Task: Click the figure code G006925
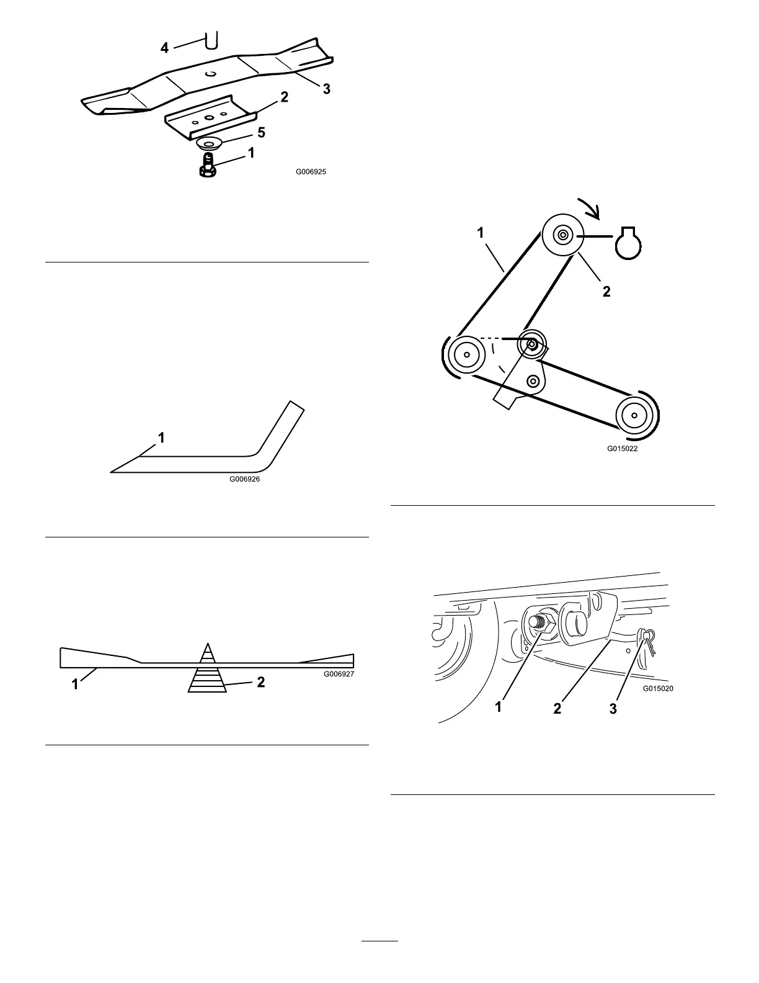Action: click(310, 172)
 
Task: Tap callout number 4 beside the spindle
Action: click(164, 47)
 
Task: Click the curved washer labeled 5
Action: click(210, 144)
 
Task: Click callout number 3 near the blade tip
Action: click(326, 89)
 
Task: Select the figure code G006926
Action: click(244, 478)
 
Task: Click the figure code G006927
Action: click(339, 673)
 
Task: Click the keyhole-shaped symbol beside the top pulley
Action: click(628, 243)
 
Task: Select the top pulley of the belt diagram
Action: click(562, 235)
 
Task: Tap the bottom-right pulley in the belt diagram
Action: click(635, 414)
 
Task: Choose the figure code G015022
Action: click(622, 449)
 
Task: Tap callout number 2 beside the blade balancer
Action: click(261, 681)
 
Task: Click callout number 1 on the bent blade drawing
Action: click(161, 438)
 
